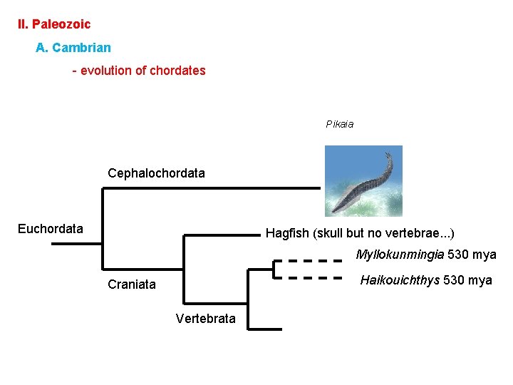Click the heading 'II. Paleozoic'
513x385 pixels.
click(x=54, y=24)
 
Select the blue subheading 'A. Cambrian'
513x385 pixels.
click(x=73, y=48)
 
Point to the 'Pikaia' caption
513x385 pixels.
click(x=340, y=124)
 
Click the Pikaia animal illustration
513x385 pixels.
click(x=363, y=180)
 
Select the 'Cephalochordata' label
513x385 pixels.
click(x=156, y=173)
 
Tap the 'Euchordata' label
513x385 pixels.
click(x=50, y=229)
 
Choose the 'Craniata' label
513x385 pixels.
click(x=131, y=284)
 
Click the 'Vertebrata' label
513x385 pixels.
click(x=205, y=319)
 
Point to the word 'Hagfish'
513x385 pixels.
click(x=286, y=233)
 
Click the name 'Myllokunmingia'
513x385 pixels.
click(x=400, y=255)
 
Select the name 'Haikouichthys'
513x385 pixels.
click(x=400, y=280)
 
